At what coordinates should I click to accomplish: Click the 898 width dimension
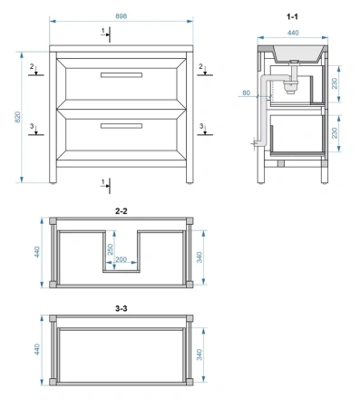tap(121, 16)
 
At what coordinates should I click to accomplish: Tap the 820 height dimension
tap(18, 117)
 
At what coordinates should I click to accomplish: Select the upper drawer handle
tap(122, 75)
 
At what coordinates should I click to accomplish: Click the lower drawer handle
tap(122, 126)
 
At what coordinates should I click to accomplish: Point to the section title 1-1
tap(292, 16)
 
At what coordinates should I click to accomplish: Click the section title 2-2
tap(122, 211)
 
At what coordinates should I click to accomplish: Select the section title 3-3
tap(122, 308)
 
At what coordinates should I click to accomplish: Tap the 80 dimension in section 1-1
tap(247, 92)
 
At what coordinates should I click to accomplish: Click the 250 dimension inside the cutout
tap(110, 249)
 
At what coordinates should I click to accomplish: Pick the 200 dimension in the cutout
tap(122, 259)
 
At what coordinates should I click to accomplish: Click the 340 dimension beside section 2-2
tap(199, 257)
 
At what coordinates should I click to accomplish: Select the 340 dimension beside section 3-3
tap(199, 355)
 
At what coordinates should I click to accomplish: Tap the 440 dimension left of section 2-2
tap(37, 252)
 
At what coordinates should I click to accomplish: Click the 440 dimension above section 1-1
tap(293, 33)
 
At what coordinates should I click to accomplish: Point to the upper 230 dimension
tap(335, 83)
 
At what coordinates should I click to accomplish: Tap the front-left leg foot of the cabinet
tap(53, 182)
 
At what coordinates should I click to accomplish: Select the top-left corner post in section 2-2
tap(53, 221)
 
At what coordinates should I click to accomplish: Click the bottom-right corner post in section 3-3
tap(190, 382)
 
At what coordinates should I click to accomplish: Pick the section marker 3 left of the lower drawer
tap(32, 126)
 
